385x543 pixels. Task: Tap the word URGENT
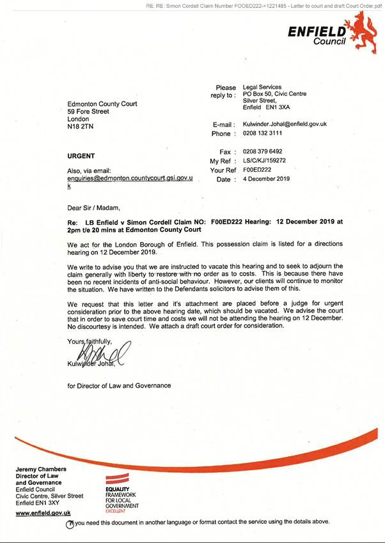(x=81, y=156)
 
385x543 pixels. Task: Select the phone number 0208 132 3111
(x=262, y=134)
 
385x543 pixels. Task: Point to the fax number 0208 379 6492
(x=262, y=151)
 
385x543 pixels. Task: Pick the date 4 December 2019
(x=266, y=179)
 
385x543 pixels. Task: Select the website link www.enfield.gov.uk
(x=43, y=513)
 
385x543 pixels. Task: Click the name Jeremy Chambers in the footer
(x=41, y=470)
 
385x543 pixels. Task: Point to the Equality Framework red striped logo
(x=120, y=478)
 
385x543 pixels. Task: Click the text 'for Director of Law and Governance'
(x=119, y=385)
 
